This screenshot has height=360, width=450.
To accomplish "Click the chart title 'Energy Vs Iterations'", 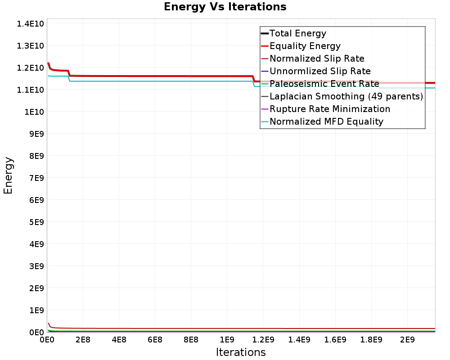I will pyautogui.click(x=225, y=7).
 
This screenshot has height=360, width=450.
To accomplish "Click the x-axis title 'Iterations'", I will pyautogui.click(x=241, y=352).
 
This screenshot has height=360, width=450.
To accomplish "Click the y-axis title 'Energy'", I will pyautogui.click(x=8, y=175).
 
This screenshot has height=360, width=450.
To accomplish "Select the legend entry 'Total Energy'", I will pyautogui.click(x=297, y=33).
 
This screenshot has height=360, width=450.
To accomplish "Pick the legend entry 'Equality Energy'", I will pyautogui.click(x=305, y=46).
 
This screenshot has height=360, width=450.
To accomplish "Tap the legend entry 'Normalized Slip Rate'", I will pyautogui.click(x=317, y=58).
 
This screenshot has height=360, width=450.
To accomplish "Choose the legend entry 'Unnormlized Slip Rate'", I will pyautogui.click(x=320, y=71).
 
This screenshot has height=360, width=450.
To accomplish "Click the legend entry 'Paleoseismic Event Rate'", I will pyautogui.click(x=324, y=84).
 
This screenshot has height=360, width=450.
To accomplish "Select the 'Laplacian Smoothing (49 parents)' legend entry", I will pyautogui.click(x=346, y=96).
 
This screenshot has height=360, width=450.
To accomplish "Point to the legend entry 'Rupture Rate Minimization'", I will pyautogui.click(x=329, y=109).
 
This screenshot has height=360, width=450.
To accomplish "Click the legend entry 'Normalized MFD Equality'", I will pyautogui.click(x=326, y=121).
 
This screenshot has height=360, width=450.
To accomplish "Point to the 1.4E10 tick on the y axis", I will pyautogui.click(x=30, y=23).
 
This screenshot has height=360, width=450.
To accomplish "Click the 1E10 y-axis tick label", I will pyautogui.click(x=33, y=112).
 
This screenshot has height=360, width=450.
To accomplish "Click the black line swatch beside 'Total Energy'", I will pyautogui.click(x=265, y=33).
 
